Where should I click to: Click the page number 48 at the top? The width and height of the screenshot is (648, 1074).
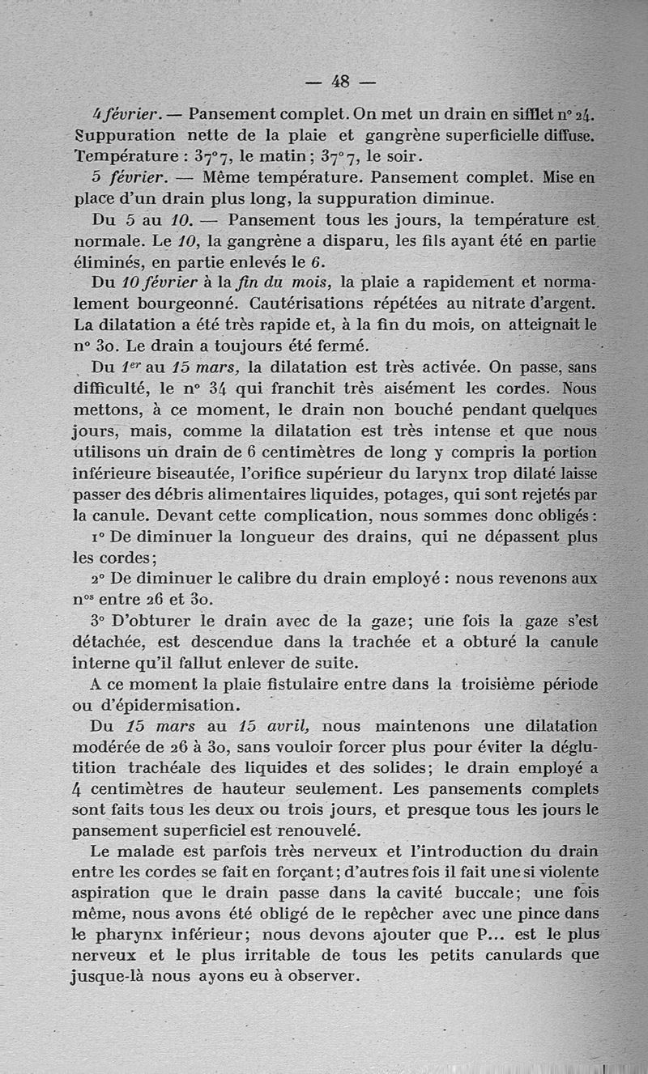[x=340, y=81]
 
